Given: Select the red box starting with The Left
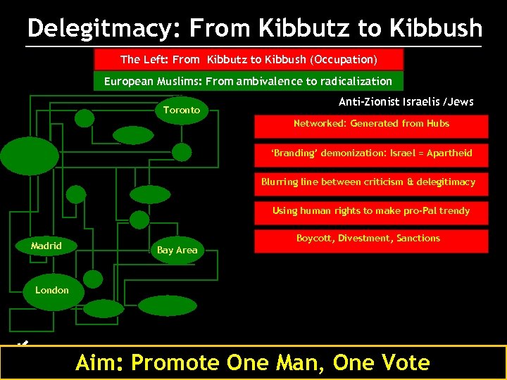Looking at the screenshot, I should coord(249,59).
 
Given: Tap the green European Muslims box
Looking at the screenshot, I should coord(248,81).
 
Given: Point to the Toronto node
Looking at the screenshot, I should coord(182,110).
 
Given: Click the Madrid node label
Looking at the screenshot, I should coord(46,246).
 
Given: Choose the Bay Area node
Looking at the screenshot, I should coord(177,250).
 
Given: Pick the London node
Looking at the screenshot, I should coord(52,290).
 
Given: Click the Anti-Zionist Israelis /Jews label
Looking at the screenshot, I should coord(406,102).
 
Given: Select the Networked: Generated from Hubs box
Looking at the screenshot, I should coord(371,124).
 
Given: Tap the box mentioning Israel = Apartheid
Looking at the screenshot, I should coord(371,153).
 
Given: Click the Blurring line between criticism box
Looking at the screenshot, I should coord(368,182).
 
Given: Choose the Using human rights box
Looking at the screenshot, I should coord(371,211).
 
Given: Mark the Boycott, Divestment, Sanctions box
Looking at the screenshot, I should coord(368,239).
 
